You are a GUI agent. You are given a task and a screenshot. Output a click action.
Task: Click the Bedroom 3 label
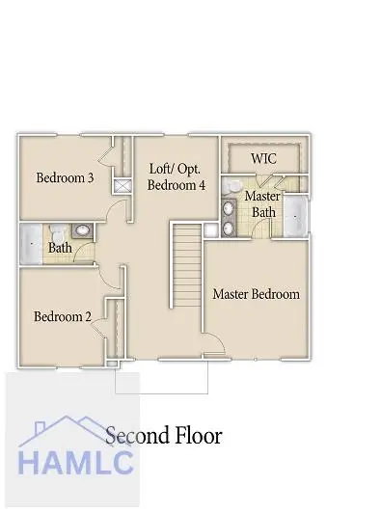[x=64, y=177]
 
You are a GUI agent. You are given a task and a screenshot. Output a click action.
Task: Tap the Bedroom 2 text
[x=62, y=316]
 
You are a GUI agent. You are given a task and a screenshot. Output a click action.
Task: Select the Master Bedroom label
[x=256, y=293]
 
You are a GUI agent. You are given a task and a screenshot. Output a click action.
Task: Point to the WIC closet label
[x=264, y=157]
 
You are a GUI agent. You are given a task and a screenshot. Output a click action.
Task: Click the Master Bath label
[x=261, y=203]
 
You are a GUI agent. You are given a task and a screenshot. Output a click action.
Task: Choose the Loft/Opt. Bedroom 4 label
[x=177, y=176]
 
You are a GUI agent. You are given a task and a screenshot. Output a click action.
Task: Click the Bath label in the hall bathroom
[x=60, y=248]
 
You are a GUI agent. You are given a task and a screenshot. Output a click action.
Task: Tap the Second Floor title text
[x=163, y=436]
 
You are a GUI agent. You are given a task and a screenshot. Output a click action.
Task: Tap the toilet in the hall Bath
[x=59, y=231]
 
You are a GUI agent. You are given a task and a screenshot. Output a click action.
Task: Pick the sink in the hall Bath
[x=81, y=231]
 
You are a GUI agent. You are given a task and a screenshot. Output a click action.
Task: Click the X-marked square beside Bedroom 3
[x=122, y=186]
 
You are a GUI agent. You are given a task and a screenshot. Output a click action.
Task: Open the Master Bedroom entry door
[x=214, y=345]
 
